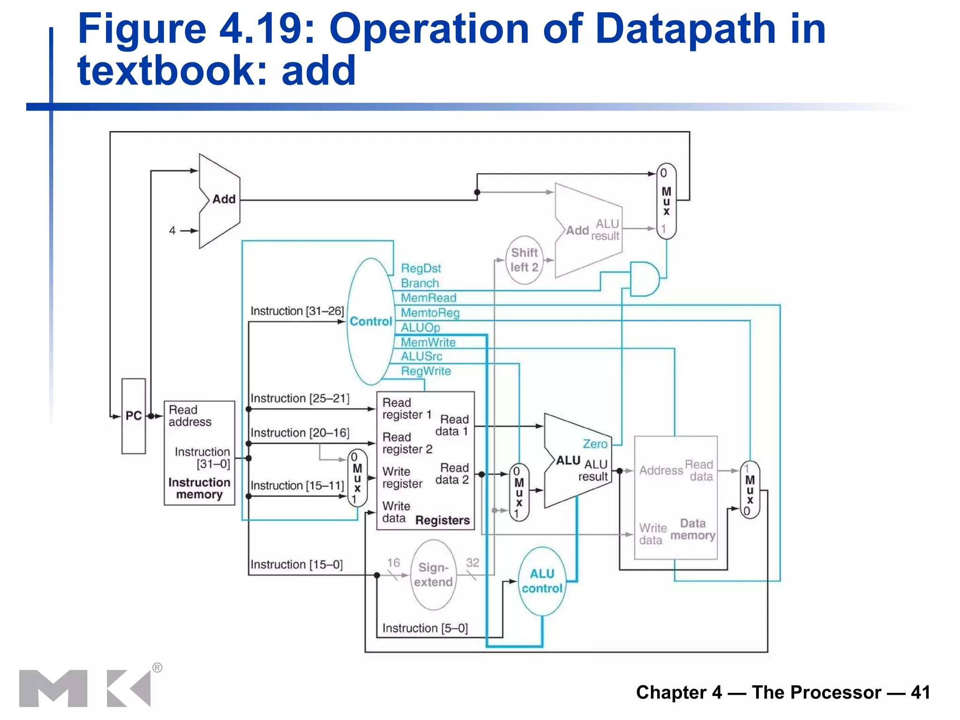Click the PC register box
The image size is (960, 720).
point(134,416)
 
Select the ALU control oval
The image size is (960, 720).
point(542,581)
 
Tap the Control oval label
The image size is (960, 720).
point(371,322)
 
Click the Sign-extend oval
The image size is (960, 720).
point(433,575)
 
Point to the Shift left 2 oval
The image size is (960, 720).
point(524,260)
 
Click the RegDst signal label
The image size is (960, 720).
point(421,269)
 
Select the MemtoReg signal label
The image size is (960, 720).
point(430,313)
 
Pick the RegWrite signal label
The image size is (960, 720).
point(426,371)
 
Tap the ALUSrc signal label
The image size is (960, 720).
point(421,357)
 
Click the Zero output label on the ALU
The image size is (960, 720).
point(594,444)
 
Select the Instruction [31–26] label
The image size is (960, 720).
point(297,311)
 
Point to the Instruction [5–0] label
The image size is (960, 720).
point(425,628)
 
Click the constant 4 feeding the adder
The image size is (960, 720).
point(172,231)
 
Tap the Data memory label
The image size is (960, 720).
point(692,530)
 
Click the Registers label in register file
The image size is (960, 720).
point(442,520)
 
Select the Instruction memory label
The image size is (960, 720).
point(199,488)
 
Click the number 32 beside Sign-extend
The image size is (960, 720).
point(472,562)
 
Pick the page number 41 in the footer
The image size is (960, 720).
point(920,692)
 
